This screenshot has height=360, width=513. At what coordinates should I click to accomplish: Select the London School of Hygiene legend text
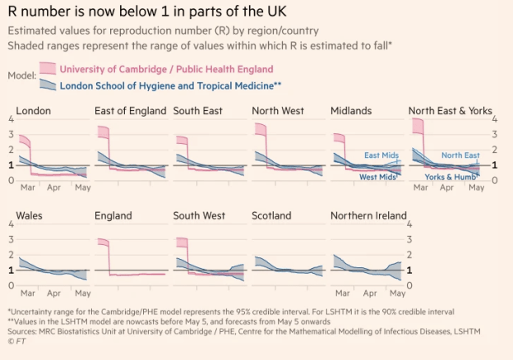(x=172, y=85)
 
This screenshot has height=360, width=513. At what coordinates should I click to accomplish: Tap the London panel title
(x=34, y=111)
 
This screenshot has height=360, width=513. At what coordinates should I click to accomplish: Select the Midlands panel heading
(x=351, y=111)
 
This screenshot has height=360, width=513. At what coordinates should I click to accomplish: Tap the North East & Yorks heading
(x=450, y=111)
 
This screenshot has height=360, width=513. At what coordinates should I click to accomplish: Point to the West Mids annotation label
(x=379, y=177)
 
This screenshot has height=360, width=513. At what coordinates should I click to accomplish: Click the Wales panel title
(x=30, y=216)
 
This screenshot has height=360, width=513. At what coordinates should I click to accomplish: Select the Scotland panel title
(x=271, y=216)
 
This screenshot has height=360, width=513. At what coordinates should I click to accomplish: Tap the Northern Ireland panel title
(x=368, y=216)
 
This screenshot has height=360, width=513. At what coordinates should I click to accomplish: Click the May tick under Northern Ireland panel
(x=397, y=293)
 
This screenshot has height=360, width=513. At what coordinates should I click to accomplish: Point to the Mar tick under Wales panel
(x=27, y=293)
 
